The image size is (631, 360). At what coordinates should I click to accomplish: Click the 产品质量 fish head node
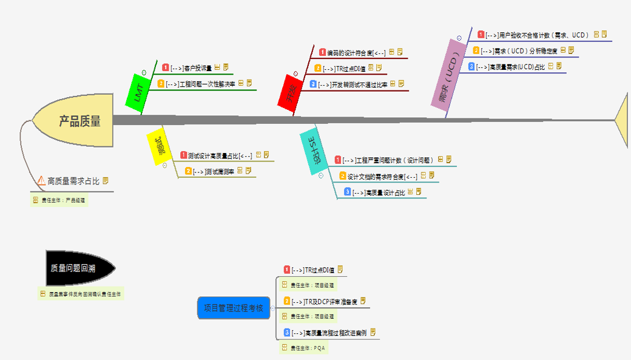79,121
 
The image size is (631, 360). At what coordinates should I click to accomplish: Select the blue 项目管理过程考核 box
233,308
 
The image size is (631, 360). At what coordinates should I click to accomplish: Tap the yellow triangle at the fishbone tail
623,120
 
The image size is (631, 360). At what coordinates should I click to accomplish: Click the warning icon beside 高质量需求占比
41,180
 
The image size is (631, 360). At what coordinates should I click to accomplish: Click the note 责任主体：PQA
308,348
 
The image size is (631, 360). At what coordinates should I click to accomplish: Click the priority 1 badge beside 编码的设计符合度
322,52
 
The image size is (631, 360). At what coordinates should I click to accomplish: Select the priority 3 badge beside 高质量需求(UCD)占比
471,66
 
